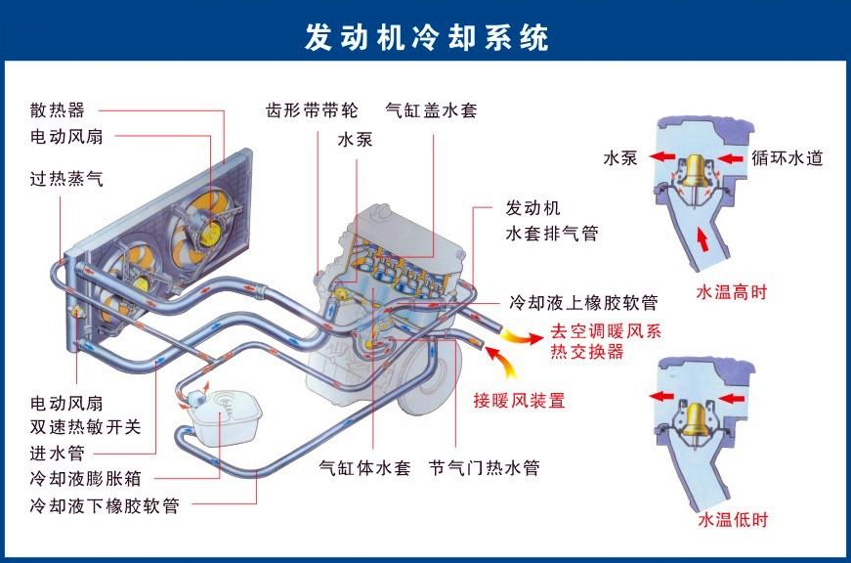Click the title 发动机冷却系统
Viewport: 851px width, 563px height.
(x=427, y=37)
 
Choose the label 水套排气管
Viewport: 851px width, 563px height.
(x=551, y=234)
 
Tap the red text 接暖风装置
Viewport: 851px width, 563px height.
(x=519, y=400)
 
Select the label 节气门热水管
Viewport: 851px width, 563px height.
(x=485, y=467)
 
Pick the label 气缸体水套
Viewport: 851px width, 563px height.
(x=365, y=467)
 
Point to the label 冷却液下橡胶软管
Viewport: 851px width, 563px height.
(x=105, y=506)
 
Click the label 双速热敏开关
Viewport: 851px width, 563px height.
(x=86, y=427)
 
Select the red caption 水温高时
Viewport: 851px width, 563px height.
(x=731, y=291)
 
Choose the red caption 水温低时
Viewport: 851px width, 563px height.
(x=732, y=519)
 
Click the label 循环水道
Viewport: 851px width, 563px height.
(x=787, y=157)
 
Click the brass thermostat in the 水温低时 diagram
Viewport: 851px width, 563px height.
(x=700, y=418)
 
